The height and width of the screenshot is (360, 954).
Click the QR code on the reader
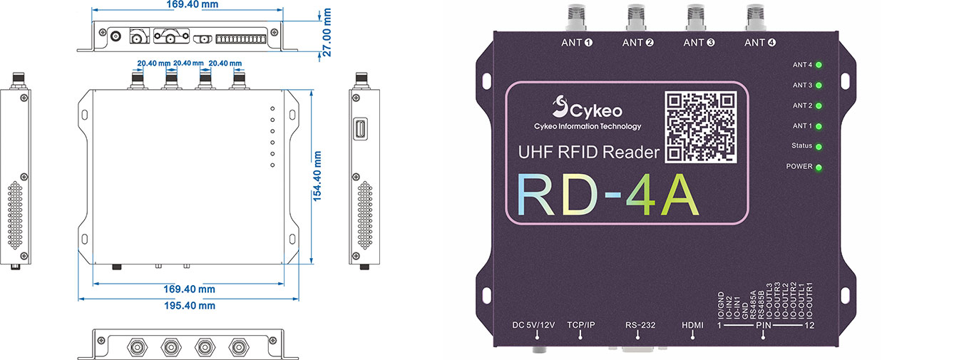(x=701, y=126)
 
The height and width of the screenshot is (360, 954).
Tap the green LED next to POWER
(x=819, y=168)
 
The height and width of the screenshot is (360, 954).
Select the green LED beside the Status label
(x=819, y=147)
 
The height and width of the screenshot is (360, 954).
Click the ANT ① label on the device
(x=578, y=42)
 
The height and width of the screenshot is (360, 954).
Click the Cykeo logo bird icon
(x=560, y=108)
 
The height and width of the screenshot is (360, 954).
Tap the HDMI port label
(x=692, y=325)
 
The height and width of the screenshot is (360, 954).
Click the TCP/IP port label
(x=580, y=325)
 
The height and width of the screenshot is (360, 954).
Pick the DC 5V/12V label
(x=533, y=325)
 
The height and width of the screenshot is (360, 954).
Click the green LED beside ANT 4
(x=819, y=65)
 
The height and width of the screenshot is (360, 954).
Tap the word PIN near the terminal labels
(x=764, y=325)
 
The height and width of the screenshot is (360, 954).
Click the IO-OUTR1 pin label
(x=809, y=302)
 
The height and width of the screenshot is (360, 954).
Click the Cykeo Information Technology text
(x=588, y=127)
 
